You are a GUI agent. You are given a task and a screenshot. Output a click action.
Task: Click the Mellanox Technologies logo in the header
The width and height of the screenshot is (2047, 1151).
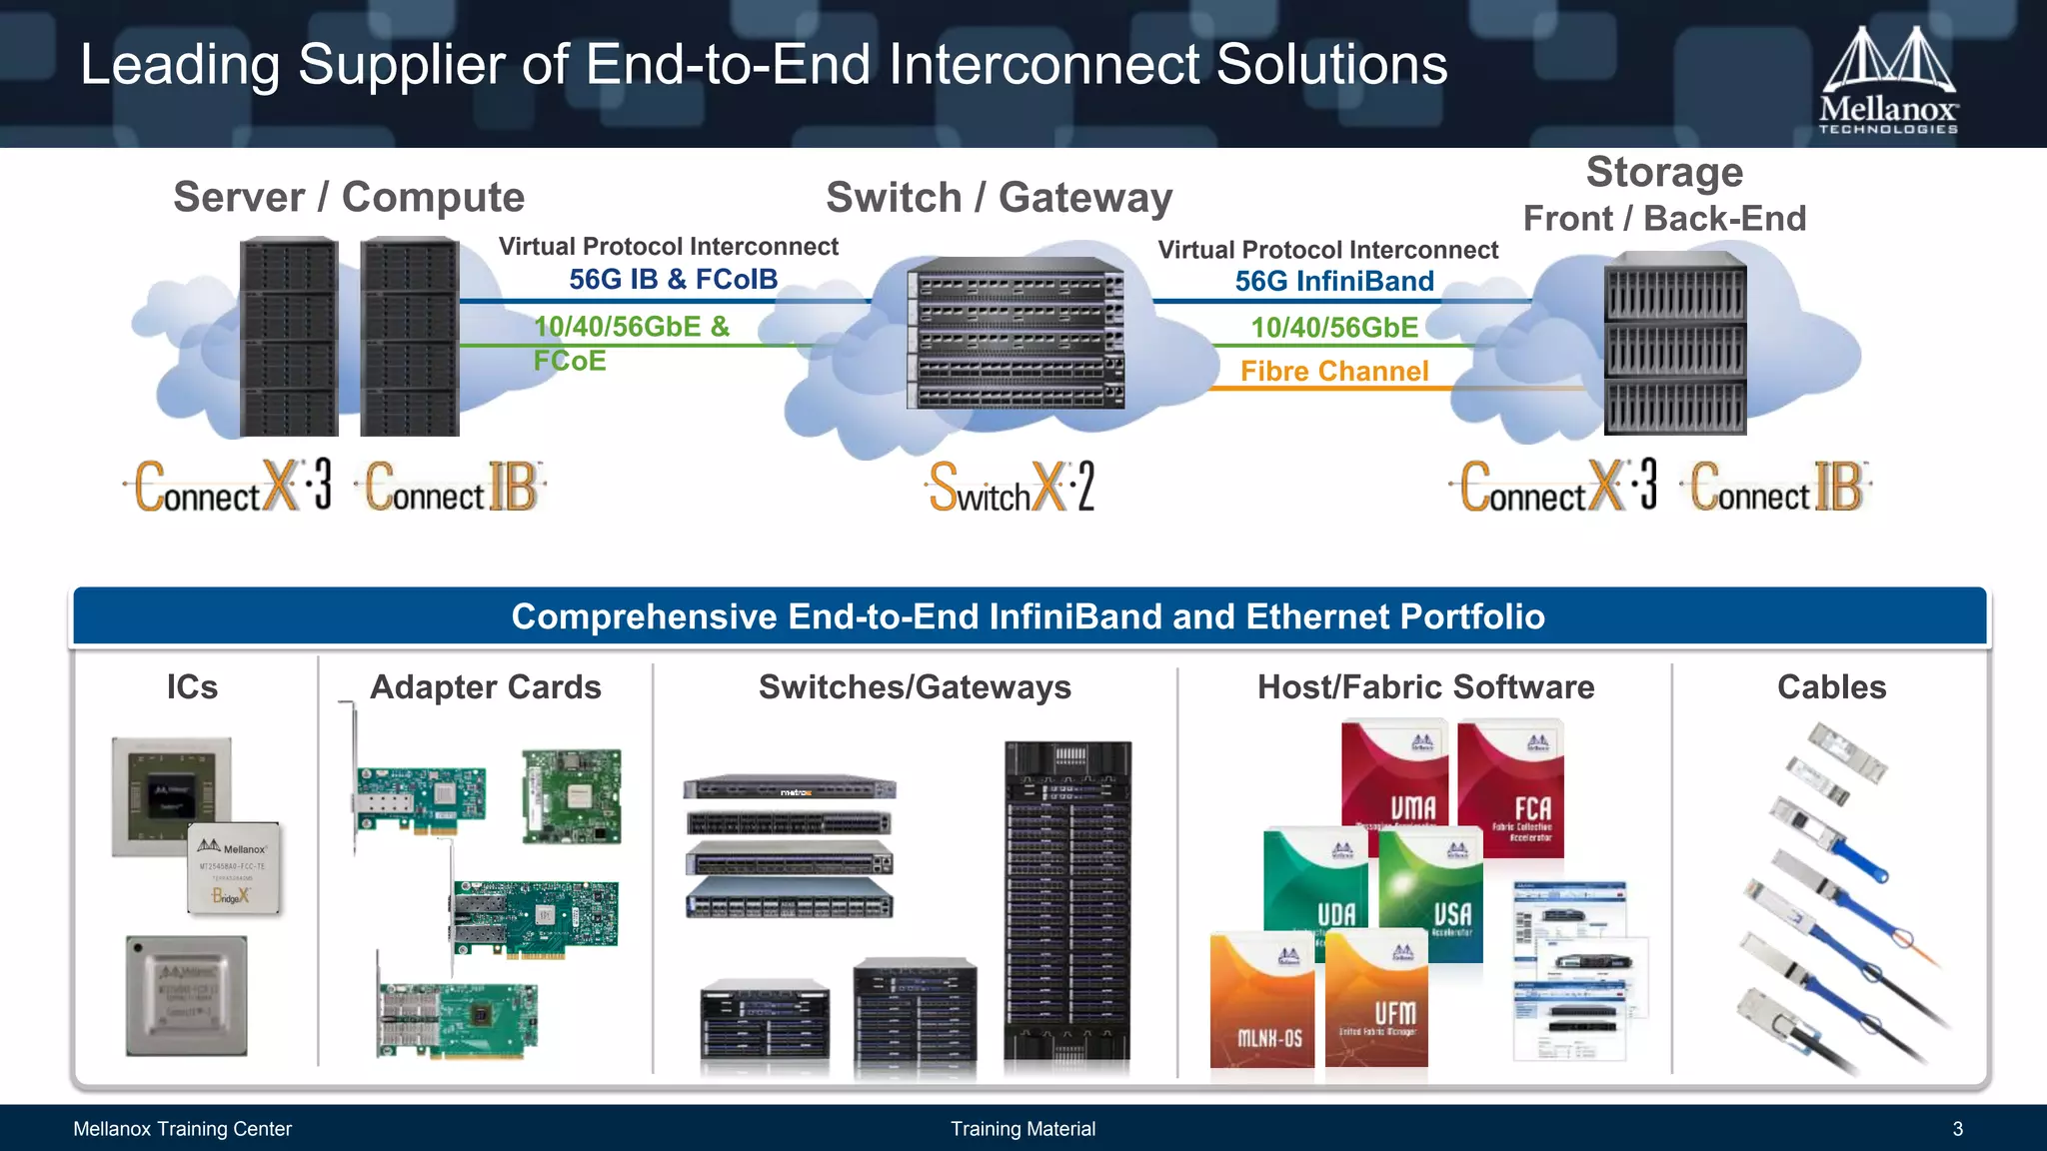pyautogui.click(x=1887, y=80)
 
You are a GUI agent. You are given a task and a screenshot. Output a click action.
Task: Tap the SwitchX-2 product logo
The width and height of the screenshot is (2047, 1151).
pyautogui.click(x=1012, y=488)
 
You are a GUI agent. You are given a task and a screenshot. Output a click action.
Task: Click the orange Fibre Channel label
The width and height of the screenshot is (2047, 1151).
pyautogui.click(x=1333, y=372)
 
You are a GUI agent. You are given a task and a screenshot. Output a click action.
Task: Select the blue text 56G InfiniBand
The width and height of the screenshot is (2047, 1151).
pyautogui.click(x=1333, y=282)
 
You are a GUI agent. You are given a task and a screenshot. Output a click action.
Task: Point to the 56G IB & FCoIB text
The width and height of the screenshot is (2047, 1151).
pyautogui.click(x=673, y=280)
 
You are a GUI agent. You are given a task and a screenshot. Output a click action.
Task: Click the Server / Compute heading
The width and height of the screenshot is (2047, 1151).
pyautogui.click(x=349, y=197)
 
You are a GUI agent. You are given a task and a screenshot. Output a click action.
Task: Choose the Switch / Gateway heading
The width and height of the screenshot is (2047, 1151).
pyautogui.click(x=999, y=198)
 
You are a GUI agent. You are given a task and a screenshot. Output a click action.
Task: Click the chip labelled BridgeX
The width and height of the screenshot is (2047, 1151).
pyautogui.click(x=234, y=868)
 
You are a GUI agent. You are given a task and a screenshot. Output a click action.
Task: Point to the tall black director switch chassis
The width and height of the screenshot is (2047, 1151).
pyautogui.click(x=1067, y=899)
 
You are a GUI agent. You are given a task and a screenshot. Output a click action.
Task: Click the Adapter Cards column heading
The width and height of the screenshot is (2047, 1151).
pyautogui.click(x=485, y=687)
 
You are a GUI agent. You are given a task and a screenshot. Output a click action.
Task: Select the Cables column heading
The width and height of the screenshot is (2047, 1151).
pyautogui.click(x=1831, y=687)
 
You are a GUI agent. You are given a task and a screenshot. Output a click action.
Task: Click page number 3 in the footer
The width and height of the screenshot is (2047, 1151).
pyautogui.click(x=1957, y=1129)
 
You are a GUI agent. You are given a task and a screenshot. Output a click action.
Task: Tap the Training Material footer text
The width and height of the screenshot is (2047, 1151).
pyautogui.click(x=1023, y=1129)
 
